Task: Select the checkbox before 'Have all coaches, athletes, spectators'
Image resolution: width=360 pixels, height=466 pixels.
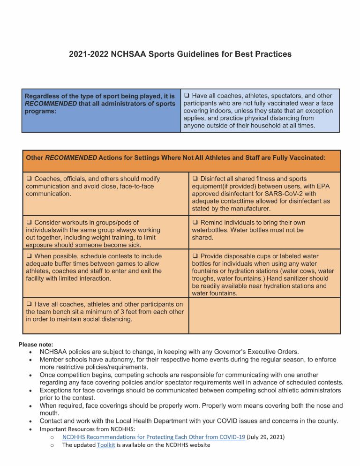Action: click(x=186, y=96)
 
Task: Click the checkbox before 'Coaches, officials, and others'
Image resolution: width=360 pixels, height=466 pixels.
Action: click(x=29, y=179)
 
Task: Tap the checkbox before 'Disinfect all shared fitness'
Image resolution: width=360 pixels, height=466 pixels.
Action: click(x=195, y=179)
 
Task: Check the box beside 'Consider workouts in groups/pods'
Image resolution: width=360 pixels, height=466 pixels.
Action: click(x=29, y=223)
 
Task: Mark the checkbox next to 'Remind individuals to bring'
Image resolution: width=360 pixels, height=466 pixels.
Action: click(x=195, y=223)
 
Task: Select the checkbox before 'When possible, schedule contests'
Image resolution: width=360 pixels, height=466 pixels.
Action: click(x=29, y=256)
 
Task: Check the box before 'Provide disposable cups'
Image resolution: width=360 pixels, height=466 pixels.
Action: click(x=195, y=256)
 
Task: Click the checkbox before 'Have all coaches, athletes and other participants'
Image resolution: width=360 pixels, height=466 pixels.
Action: click(x=29, y=305)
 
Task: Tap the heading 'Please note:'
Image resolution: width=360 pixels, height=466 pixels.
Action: click(x=36, y=345)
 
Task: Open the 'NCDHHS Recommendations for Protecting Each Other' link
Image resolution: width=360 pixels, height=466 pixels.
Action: click(x=154, y=437)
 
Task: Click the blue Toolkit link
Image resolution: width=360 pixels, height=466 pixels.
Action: click(x=106, y=445)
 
